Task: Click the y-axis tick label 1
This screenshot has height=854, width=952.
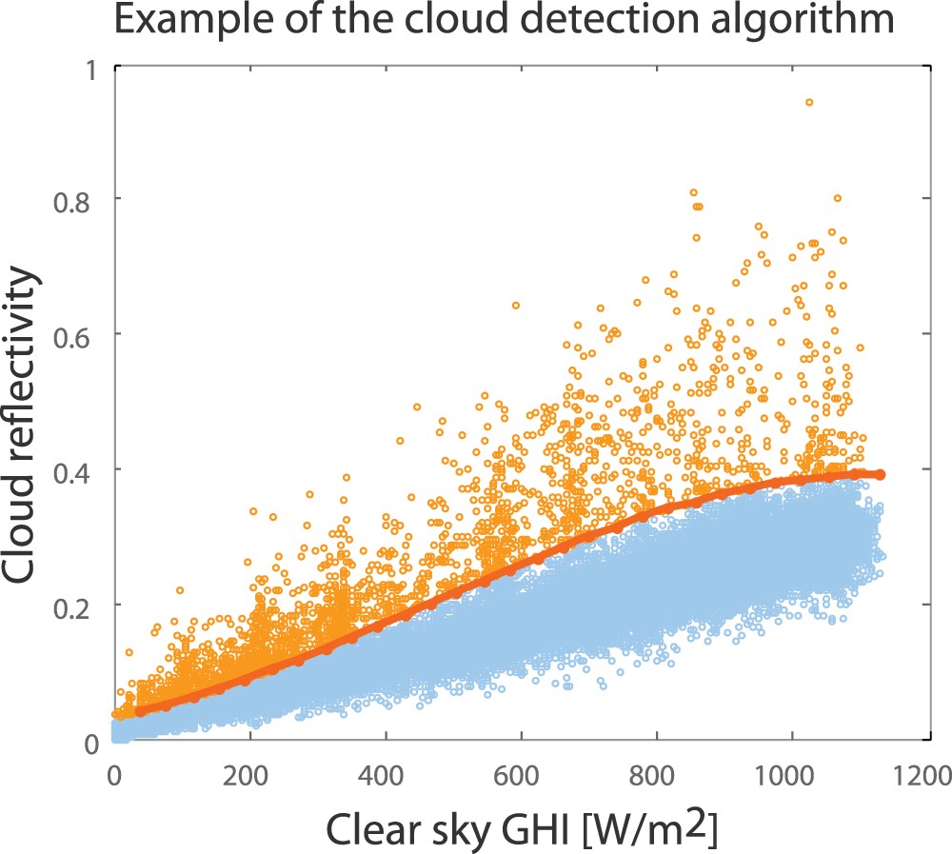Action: (93, 70)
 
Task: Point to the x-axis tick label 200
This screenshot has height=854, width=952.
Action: (250, 769)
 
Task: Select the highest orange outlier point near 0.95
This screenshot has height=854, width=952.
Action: (809, 102)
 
